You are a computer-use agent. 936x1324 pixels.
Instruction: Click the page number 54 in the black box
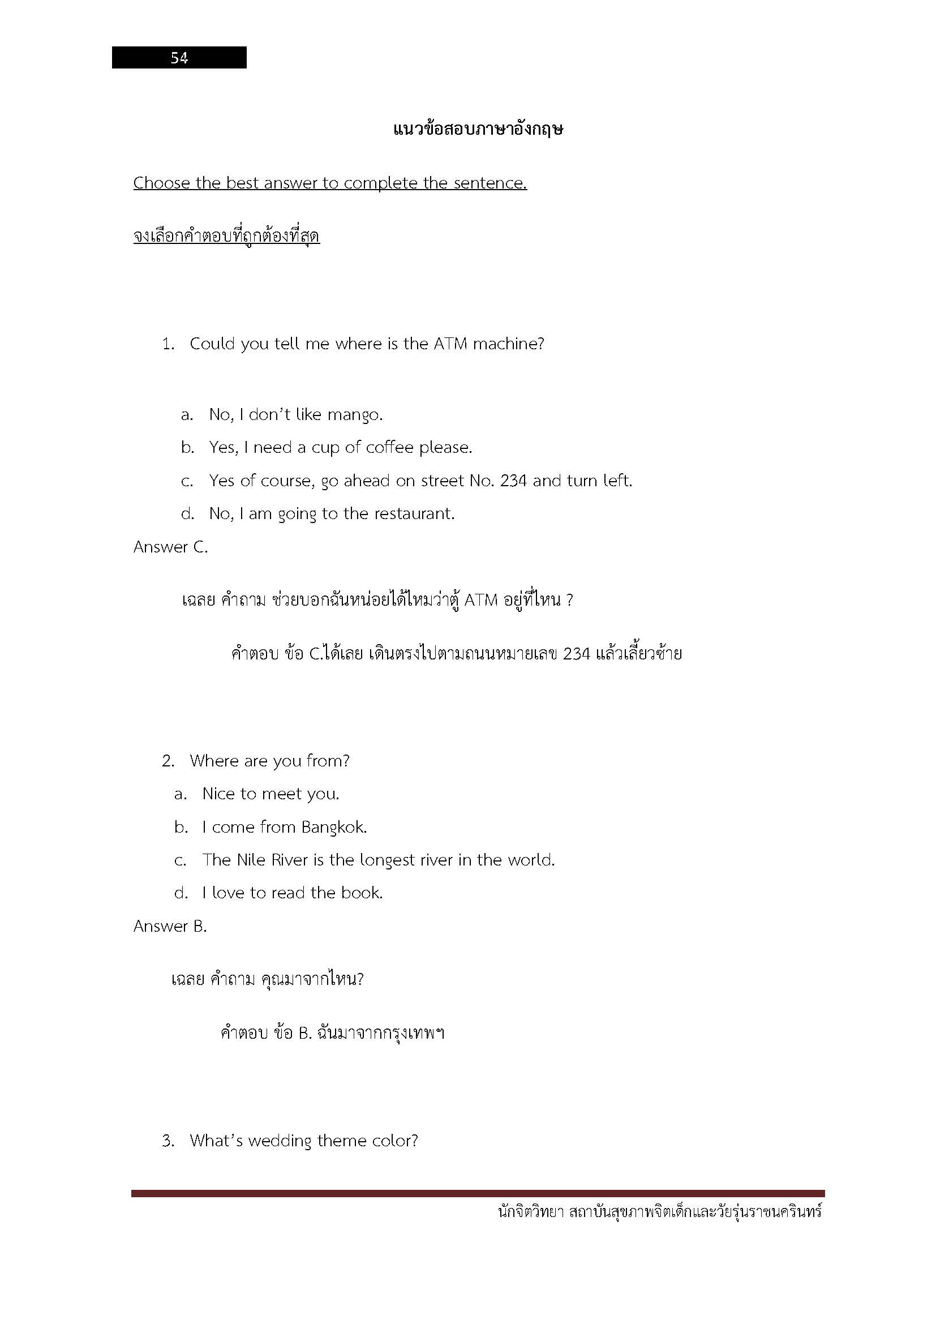click(x=179, y=58)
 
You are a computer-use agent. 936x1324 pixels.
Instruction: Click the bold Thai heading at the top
click(x=478, y=128)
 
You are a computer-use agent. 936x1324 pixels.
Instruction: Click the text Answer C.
click(x=170, y=547)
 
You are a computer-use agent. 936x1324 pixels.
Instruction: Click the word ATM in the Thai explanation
click(x=480, y=600)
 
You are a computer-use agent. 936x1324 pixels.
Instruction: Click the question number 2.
click(x=168, y=761)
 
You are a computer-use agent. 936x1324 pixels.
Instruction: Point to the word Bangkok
click(x=334, y=828)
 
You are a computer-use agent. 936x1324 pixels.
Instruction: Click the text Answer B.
click(x=170, y=926)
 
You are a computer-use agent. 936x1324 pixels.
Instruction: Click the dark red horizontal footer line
click(x=478, y=1194)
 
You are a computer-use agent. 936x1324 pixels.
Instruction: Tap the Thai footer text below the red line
click(x=660, y=1212)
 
